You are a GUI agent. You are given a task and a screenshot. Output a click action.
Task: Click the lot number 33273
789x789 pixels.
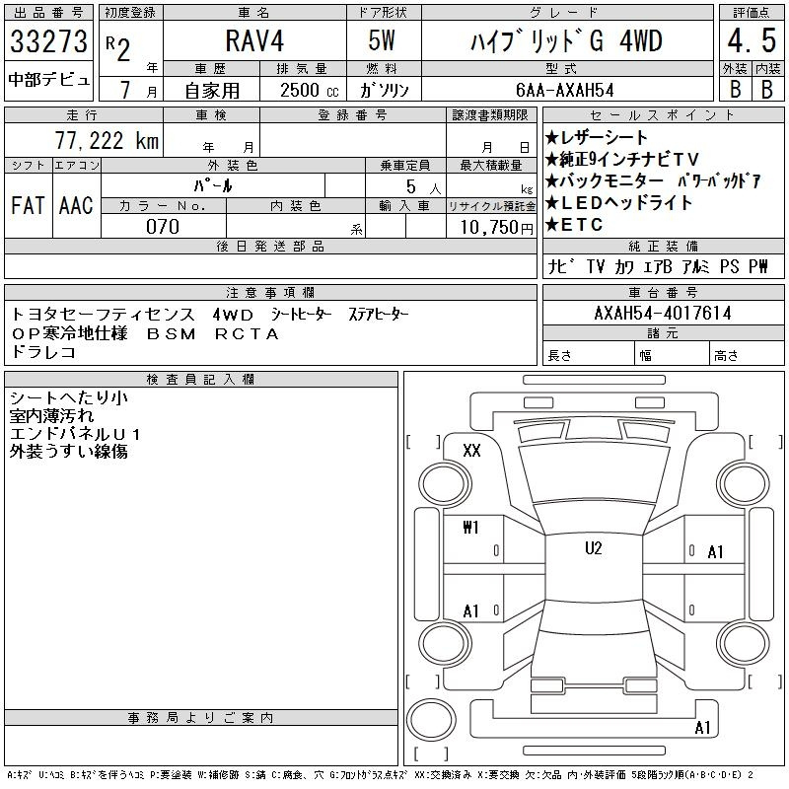pos(48,41)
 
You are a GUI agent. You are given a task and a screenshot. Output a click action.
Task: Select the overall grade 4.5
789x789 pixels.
pos(752,40)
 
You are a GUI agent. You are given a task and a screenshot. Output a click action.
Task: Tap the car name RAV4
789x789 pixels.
pos(254,40)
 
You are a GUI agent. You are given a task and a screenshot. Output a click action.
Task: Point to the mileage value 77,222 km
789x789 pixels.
pos(107,140)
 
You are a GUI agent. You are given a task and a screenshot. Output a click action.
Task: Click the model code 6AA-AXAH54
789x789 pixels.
pos(565,90)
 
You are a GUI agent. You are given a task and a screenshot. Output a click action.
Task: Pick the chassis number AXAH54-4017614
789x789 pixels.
pos(663,313)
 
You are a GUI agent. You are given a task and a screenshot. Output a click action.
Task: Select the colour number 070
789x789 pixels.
pos(163,227)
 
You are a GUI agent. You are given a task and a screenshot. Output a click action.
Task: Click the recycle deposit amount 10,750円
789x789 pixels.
pos(496,228)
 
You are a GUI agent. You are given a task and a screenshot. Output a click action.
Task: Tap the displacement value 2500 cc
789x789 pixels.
pos(310,90)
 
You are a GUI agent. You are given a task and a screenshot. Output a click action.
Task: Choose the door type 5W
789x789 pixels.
pos(382,40)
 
